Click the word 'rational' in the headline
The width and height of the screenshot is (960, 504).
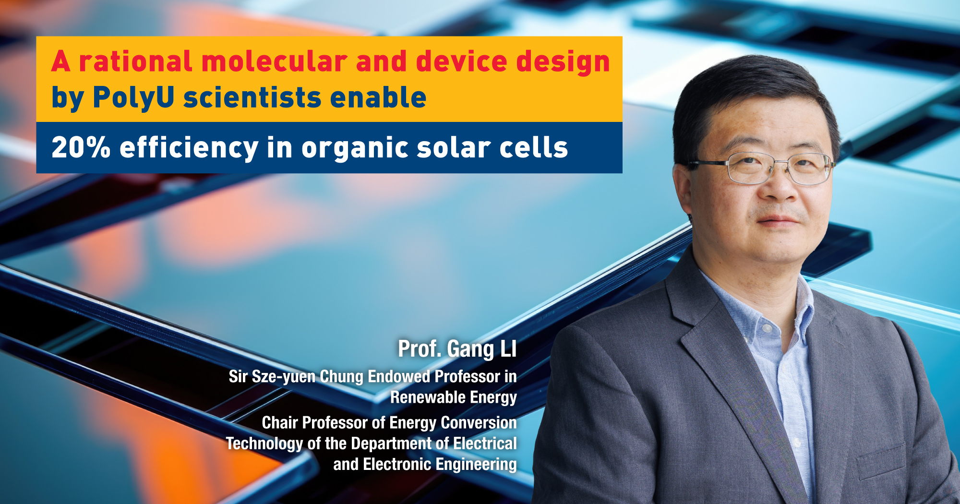click(x=135, y=62)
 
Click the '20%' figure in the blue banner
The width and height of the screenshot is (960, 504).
click(x=81, y=147)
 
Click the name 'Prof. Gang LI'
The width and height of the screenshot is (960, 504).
click(x=457, y=349)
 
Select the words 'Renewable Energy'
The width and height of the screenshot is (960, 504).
click(x=453, y=397)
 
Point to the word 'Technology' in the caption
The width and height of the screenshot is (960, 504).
click(x=264, y=444)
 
